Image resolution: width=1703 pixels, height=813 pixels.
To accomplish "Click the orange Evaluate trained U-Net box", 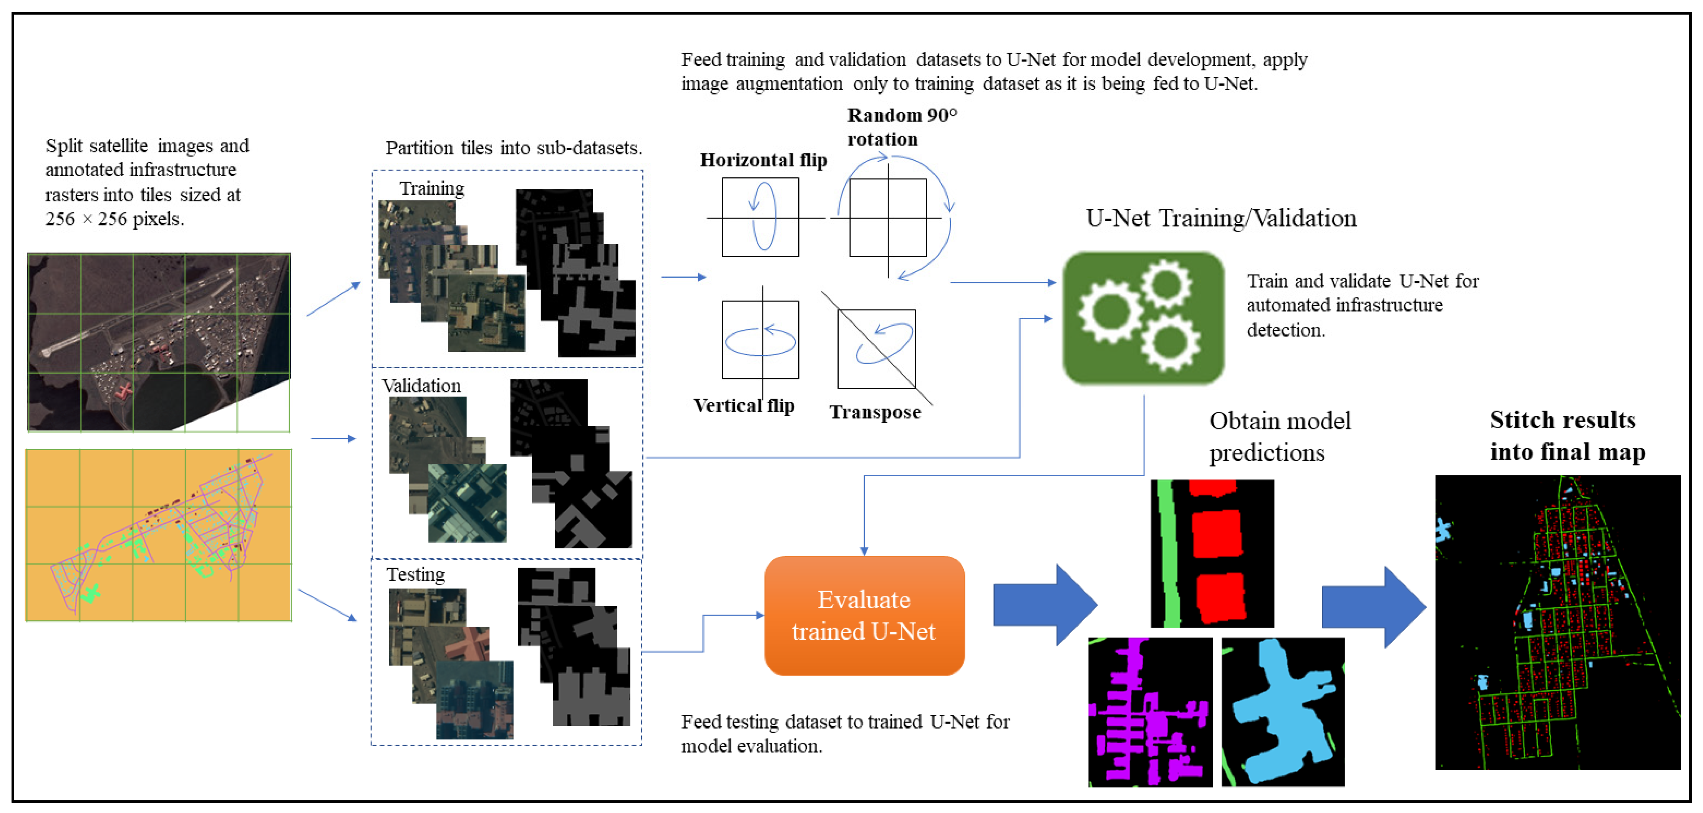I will pos(864,615).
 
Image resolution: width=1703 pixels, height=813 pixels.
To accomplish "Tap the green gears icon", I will pos(1143,318).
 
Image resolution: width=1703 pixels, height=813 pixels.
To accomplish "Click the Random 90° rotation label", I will pos(902,127).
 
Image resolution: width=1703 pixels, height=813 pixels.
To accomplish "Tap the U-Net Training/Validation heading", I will pos(1220,218).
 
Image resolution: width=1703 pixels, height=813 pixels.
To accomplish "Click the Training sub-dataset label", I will pos(432,189).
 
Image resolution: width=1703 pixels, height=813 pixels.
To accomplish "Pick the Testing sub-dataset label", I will pos(415,575).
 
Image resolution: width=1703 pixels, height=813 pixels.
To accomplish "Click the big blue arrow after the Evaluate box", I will pos(1045,605).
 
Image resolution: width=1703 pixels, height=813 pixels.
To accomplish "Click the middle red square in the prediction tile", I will pos(1216,534).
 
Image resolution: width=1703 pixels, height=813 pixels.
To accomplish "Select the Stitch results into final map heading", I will pos(1567,435).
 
